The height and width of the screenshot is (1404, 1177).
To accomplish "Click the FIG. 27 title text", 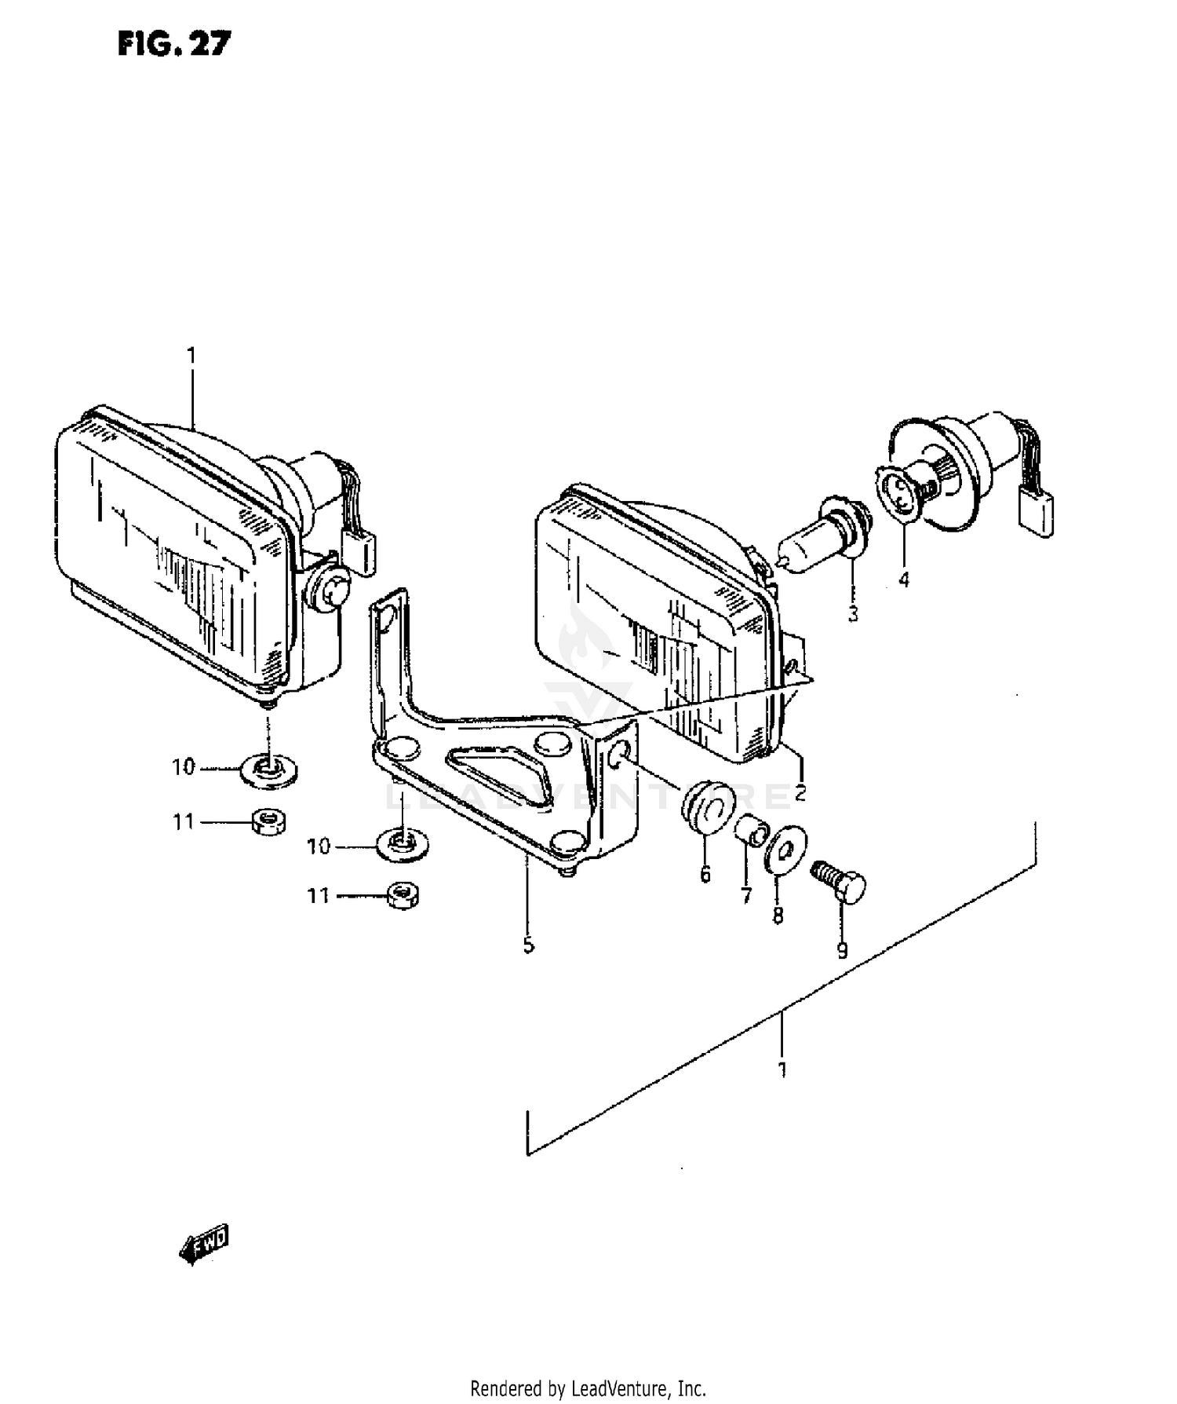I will pos(174,44).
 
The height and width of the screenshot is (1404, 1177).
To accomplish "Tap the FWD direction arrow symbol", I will pos(204,1244).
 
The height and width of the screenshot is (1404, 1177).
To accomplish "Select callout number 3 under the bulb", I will pos(853,612).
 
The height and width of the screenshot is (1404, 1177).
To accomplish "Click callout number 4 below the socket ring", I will pos(904,580).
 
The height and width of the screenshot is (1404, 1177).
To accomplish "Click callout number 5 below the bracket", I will pos(528,945).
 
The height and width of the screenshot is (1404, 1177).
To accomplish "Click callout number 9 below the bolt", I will pos(842,951).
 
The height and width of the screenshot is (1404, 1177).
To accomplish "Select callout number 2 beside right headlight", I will pos(800,792).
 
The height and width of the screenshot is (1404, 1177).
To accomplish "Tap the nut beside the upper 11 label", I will pos(269,822).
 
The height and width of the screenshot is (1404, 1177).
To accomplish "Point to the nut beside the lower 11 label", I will pos(403,894).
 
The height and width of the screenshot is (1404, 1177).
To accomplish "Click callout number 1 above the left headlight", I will pos(191,356).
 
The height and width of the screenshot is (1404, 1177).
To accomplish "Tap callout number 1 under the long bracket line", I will pos(782,1069).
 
